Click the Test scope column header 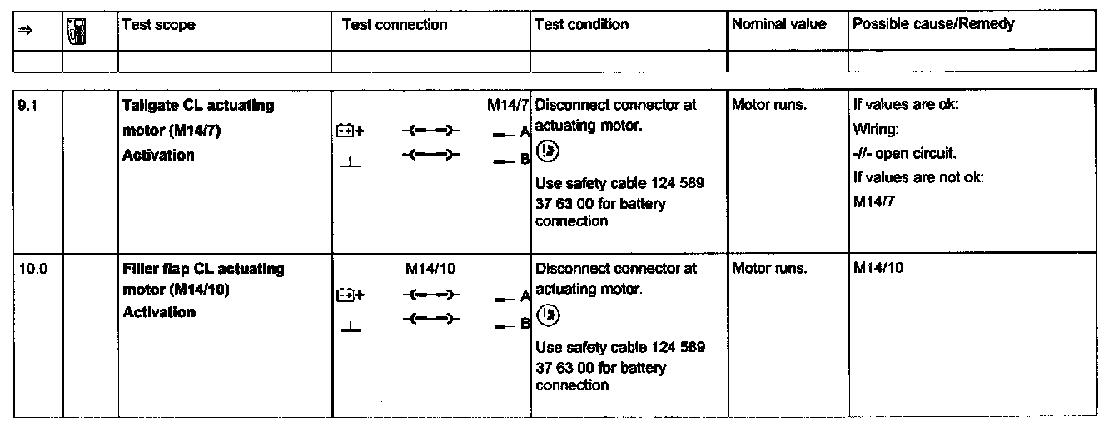pyautogui.click(x=158, y=25)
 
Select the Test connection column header pyautogui.click(x=395, y=25)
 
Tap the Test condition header pyautogui.click(x=581, y=24)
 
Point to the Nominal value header pyautogui.click(x=779, y=24)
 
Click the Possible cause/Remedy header pyautogui.click(x=933, y=24)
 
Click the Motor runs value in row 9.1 pyautogui.click(x=769, y=106)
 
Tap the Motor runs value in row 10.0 pyautogui.click(x=769, y=270)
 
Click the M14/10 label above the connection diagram pyautogui.click(x=430, y=270)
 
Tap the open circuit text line pyautogui.click(x=904, y=154)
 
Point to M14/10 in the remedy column pyautogui.click(x=878, y=269)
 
